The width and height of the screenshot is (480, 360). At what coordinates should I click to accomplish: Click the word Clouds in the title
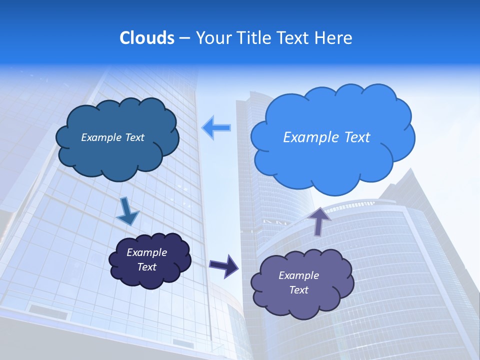click(146, 38)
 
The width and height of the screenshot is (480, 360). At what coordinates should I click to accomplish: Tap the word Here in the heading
click(333, 38)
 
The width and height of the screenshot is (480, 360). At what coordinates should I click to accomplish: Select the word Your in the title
click(212, 38)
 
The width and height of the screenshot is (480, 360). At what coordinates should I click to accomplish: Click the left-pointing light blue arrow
click(216, 128)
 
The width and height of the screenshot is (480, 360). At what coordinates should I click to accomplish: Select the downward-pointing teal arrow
click(127, 212)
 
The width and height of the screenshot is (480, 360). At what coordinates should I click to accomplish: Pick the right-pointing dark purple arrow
click(223, 265)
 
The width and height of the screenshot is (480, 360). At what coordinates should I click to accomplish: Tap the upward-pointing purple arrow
click(319, 221)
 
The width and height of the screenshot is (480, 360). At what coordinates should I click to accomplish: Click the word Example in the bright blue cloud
click(309, 137)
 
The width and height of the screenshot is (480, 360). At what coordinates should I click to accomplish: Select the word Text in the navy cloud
click(147, 267)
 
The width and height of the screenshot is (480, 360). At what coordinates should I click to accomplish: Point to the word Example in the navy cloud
click(147, 252)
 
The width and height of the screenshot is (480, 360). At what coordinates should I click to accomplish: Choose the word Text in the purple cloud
click(299, 290)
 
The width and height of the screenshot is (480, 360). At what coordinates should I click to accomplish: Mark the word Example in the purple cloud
click(299, 275)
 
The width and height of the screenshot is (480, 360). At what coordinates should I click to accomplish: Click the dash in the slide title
click(184, 38)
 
